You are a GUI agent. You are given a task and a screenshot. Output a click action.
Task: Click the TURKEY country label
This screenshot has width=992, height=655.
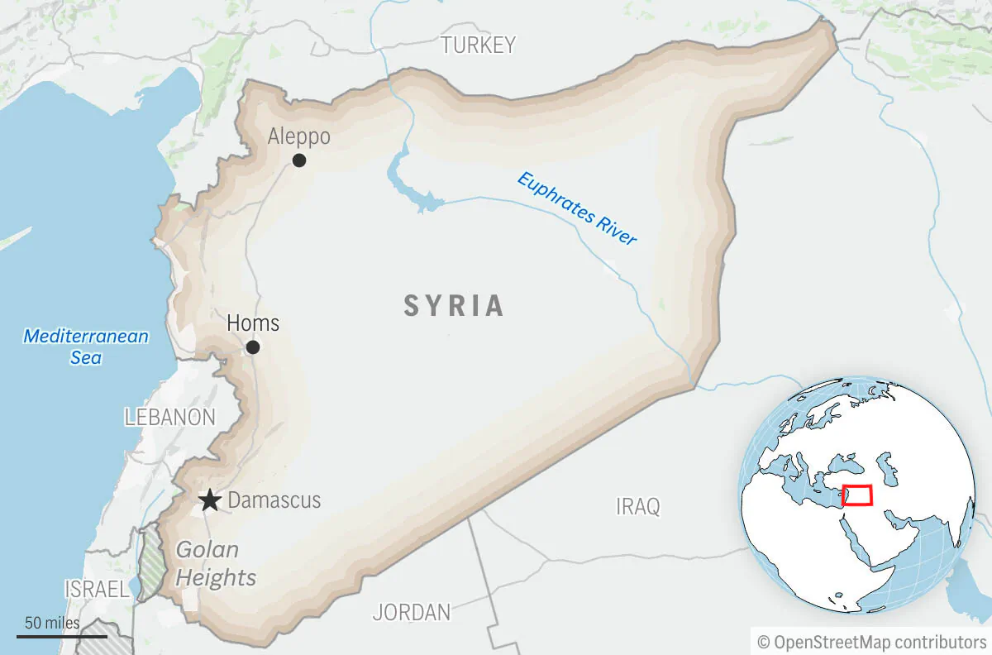(478, 45)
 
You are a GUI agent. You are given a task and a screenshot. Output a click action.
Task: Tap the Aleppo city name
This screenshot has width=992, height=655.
(298, 136)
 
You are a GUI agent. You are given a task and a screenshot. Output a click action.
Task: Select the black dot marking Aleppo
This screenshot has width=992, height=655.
(299, 160)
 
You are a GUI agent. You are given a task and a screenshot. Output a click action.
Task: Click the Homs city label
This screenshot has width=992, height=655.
(253, 323)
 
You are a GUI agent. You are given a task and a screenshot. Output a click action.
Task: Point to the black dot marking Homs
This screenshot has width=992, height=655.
(253, 347)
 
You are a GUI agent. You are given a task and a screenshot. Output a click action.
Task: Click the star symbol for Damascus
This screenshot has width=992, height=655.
(210, 500)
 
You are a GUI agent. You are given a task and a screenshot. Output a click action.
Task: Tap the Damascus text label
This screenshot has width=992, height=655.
(274, 500)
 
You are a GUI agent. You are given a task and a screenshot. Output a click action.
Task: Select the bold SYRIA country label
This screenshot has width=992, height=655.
(454, 306)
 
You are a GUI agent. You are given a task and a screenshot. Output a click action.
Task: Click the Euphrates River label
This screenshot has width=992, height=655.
(577, 208)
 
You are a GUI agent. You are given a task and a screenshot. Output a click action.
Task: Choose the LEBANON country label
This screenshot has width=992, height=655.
(169, 418)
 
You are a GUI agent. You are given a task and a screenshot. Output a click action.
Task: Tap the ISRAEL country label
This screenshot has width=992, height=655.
(97, 590)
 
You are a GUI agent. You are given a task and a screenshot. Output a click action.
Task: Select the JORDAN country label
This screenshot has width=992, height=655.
(412, 613)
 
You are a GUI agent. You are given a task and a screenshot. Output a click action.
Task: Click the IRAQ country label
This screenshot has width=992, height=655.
(638, 506)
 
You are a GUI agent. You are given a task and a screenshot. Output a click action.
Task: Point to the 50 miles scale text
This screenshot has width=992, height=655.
(52, 623)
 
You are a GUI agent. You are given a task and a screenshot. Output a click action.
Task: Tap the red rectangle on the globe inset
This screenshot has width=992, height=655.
(857, 495)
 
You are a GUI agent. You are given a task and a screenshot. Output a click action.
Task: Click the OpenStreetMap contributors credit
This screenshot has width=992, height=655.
(871, 642)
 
